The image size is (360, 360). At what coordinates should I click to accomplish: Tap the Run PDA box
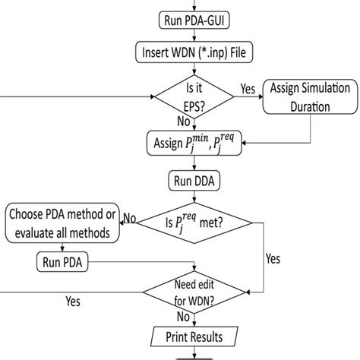(63, 264)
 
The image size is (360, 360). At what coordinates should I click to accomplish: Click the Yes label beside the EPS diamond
(248, 89)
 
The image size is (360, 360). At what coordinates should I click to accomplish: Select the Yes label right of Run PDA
(273, 258)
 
